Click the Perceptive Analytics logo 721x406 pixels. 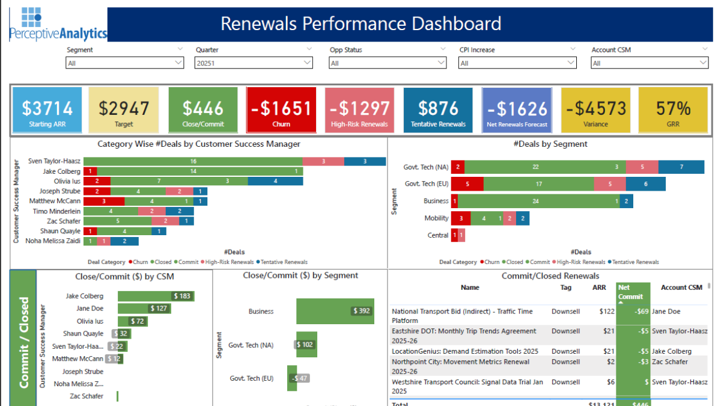click(58, 24)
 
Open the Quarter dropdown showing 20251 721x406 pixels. click(254, 63)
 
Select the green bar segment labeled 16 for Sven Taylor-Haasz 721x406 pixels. click(193, 161)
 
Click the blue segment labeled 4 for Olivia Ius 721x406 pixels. click(275, 181)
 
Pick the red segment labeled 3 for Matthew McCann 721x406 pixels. click(104, 201)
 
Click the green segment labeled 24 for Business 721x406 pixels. click(538, 201)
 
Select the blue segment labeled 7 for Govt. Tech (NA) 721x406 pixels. click(681, 167)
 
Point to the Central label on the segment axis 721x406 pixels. click(437, 235)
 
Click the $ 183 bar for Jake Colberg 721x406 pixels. click(156, 296)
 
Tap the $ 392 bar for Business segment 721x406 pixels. click(335, 311)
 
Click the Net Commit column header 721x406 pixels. click(633, 292)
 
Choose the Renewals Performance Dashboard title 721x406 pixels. click(360, 24)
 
